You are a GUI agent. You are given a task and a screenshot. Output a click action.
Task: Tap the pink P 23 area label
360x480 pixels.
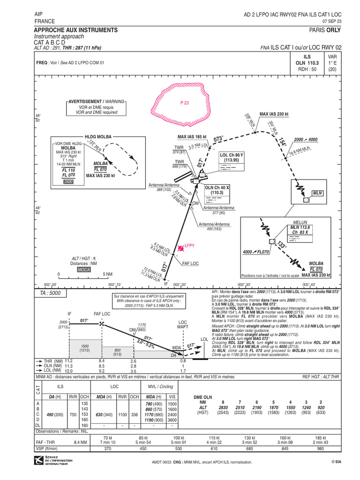tap(184, 103)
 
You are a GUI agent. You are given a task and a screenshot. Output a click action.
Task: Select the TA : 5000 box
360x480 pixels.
tap(51, 293)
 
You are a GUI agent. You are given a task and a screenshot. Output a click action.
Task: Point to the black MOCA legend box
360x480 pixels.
tap(84, 270)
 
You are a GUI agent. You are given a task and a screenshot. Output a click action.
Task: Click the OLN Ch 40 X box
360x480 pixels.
tap(217, 189)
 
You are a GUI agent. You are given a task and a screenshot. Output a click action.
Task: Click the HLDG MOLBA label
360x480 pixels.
tap(97, 136)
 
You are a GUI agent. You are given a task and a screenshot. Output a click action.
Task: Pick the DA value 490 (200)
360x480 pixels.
tap(56, 414)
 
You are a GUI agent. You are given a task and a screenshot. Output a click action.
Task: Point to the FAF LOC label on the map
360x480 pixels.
tap(190, 263)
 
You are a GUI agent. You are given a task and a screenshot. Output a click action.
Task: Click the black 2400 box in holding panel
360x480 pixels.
tap(69, 180)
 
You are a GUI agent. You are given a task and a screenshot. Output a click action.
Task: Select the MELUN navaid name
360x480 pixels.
tap(300, 222)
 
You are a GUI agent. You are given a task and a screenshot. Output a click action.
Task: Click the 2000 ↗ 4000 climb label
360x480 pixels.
tap(306, 140)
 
